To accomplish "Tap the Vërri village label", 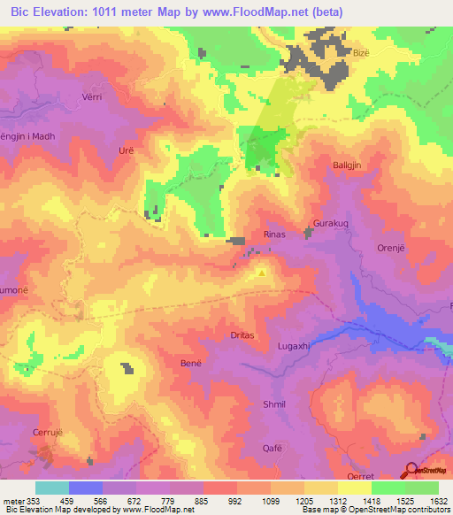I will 93,98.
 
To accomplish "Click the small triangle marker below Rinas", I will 261,273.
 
